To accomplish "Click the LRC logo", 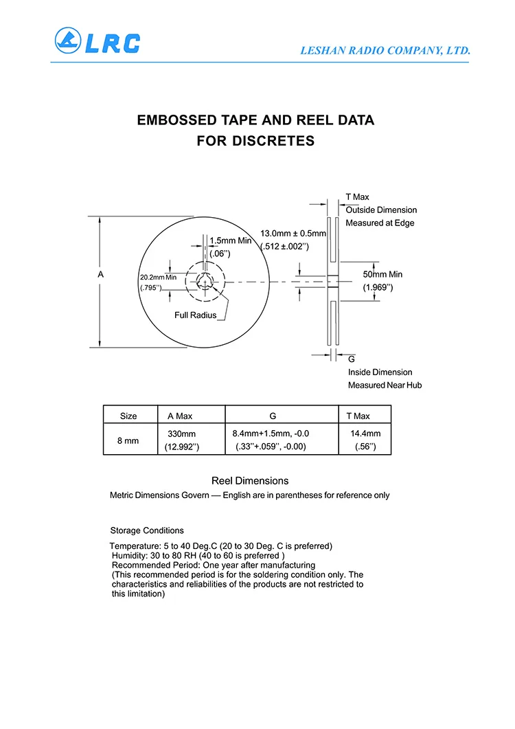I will (x=98, y=43).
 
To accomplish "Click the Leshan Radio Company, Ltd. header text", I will (x=385, y=50).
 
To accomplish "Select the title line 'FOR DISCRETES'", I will (x=255, y=142).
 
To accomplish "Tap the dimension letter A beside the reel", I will (x=100, y=274).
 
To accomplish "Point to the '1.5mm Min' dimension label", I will (x=231, y=240).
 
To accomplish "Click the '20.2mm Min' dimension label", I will (x=158, y=277).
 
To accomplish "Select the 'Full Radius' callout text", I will (x=195, y=315).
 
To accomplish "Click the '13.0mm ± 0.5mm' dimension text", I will (x=293, y=233).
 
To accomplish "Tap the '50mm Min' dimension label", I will (x=382, y=274).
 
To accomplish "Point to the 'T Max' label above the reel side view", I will (x=357, y=197).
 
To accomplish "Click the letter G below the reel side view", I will (x=352, y=359).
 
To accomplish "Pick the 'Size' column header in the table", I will (x=128, y=416).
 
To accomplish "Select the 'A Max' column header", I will (x=180, y=416).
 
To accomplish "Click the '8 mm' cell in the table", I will (x=128, y=440).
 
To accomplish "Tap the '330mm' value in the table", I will (x=182, y=434).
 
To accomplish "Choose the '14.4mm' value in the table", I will (x=365, y=434).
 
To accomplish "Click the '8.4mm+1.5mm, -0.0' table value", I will (x=271, y=434).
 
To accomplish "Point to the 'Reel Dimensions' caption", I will (x=250, y=481).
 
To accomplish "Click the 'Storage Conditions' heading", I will (x=147, y=530).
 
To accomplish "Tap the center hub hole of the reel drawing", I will (x=205, y=281).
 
